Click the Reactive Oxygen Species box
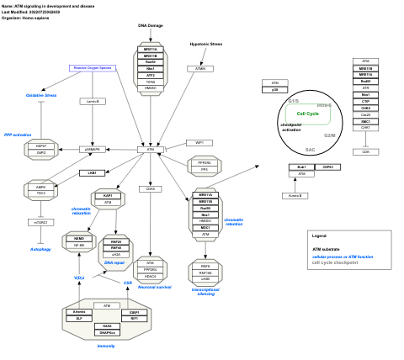(x=92, y=67)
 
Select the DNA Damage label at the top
(x=150, y=25)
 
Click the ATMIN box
(x=200, y=68)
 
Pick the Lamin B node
(x=93, y=101)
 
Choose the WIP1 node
(x=199, y=143)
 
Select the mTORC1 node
(x=40, y=222)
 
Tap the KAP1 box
(x=108, y=195)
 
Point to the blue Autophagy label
(x=40, y=249)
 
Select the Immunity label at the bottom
(x=106, y=346)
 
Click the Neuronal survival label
(x=154, y=288)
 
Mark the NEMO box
(x=79, y=239)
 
